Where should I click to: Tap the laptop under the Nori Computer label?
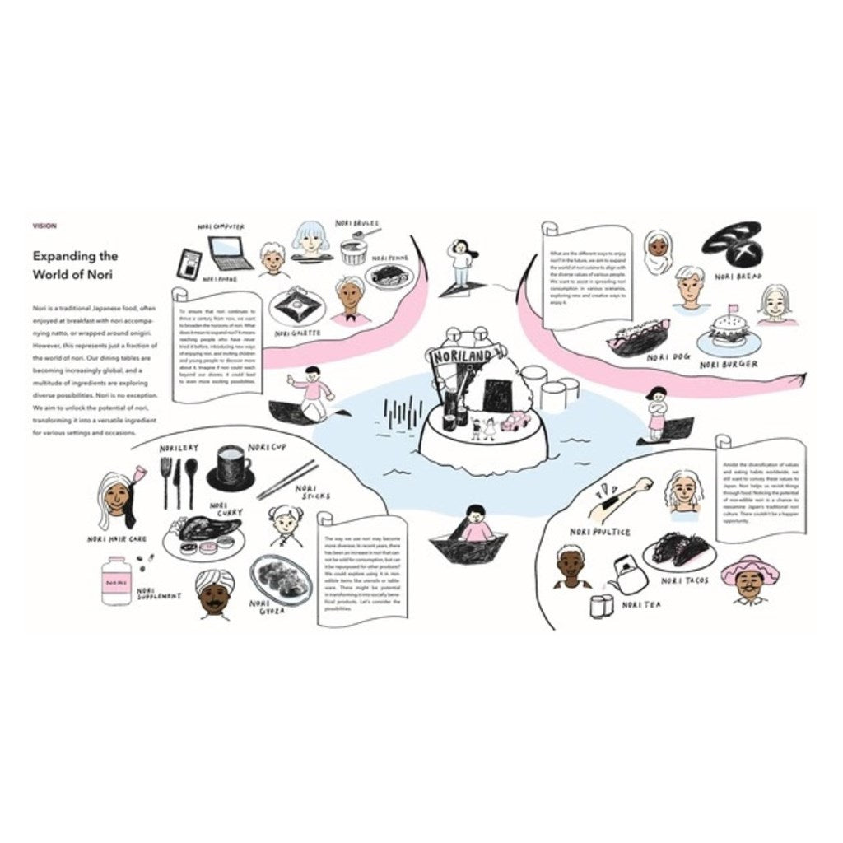[230, 253]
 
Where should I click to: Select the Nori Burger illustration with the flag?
[727, 334]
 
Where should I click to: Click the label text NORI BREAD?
[736, 277]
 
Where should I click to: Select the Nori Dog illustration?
[637, 338]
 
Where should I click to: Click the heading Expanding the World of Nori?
[75, 265]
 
